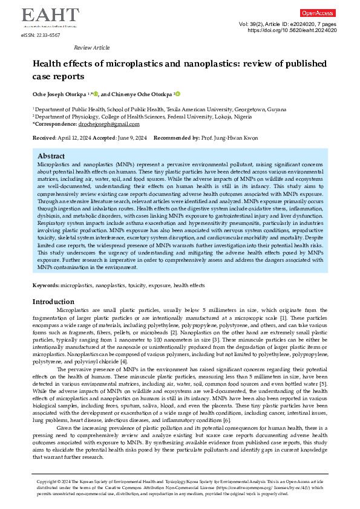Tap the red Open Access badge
[318, 13]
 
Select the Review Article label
[91, 47]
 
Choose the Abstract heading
[51, 155]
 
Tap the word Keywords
[45, 284]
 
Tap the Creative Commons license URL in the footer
[254, 487]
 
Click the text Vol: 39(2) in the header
[246, 24]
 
